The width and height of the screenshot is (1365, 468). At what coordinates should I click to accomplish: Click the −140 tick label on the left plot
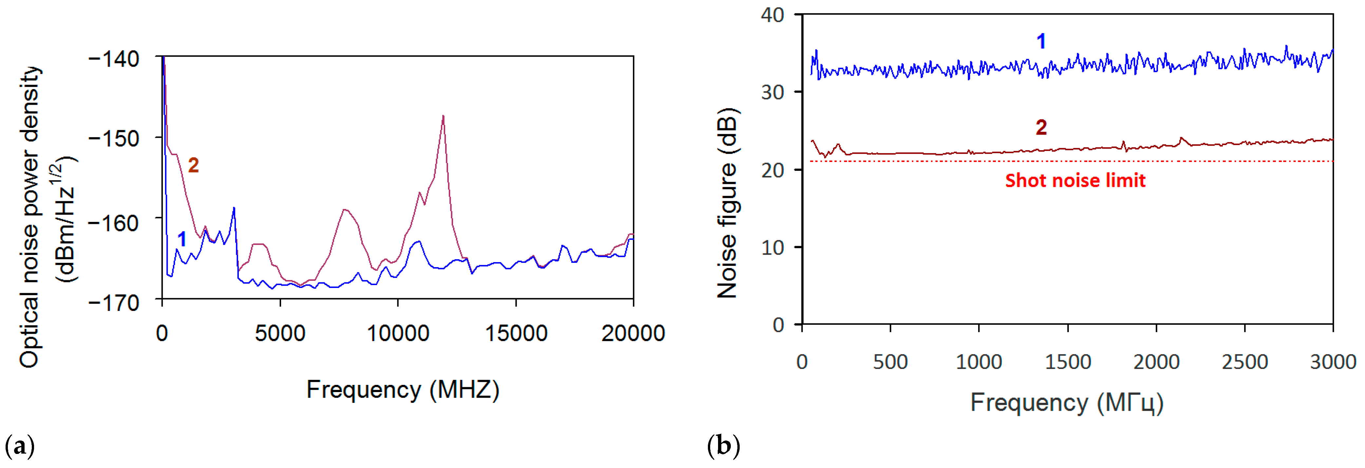(x=114, y=59)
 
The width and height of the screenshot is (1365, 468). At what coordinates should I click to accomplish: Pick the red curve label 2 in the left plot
(x=193, y=166)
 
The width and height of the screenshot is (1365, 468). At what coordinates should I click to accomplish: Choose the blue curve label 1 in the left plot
(x=182, y=239)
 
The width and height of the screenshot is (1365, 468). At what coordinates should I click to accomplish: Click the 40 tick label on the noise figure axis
(x=772, y=15)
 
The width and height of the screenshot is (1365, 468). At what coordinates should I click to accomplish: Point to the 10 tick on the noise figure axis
(x=772, y=247)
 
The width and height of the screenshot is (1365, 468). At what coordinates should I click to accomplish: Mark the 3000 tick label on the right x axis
(x=1333, y=362)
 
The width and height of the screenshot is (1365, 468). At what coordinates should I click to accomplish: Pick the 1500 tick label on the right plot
(x=1067, y=362)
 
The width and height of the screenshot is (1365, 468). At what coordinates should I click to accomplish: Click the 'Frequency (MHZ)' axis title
(x=403, y=390)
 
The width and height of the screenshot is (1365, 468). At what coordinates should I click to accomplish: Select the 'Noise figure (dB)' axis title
(x=728, y=203)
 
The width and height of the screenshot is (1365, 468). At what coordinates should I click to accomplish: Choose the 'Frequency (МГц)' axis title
(x=1067, y=404)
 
